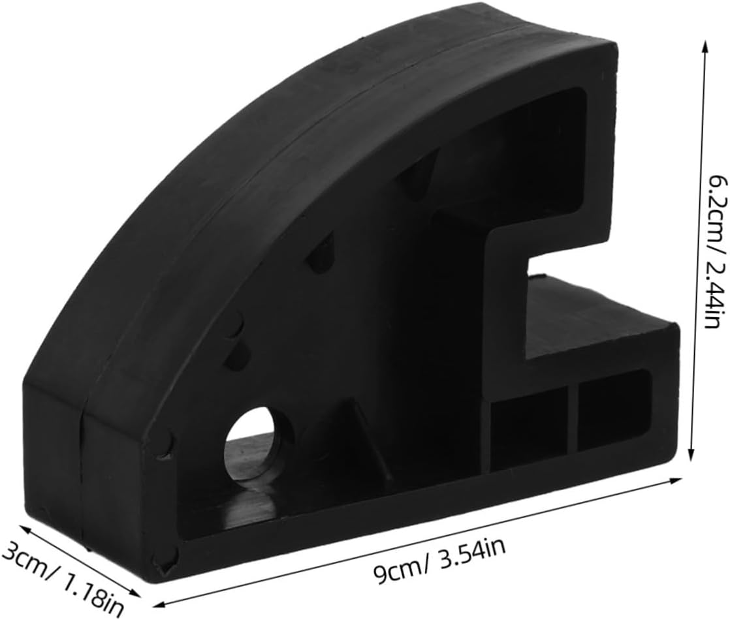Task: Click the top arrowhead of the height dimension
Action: point(705,46)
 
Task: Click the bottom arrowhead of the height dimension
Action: point(692,456)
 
